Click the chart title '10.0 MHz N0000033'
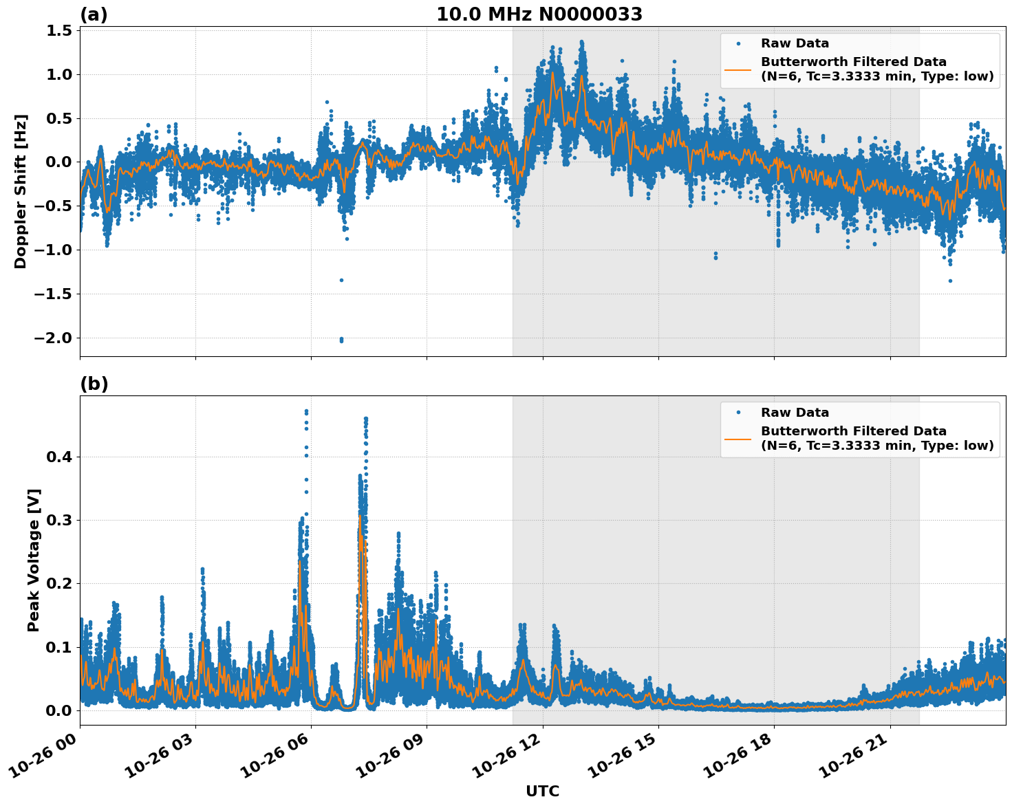coord(539,14)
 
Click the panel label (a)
coord(94,14)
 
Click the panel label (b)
coord(94,384)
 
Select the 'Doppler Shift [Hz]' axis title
coord(21,191)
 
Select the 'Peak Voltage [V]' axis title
coord(34,560)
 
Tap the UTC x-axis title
coord(542,791)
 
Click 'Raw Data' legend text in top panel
coord(795,44)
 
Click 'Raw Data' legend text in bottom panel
coord(795,413)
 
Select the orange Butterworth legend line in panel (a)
coord(738,69)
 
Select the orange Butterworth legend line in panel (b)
coord(738,438)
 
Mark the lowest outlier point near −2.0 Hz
coord(341,340)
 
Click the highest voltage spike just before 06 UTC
coord(306,411)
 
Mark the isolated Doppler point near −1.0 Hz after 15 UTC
coord(715,254)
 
